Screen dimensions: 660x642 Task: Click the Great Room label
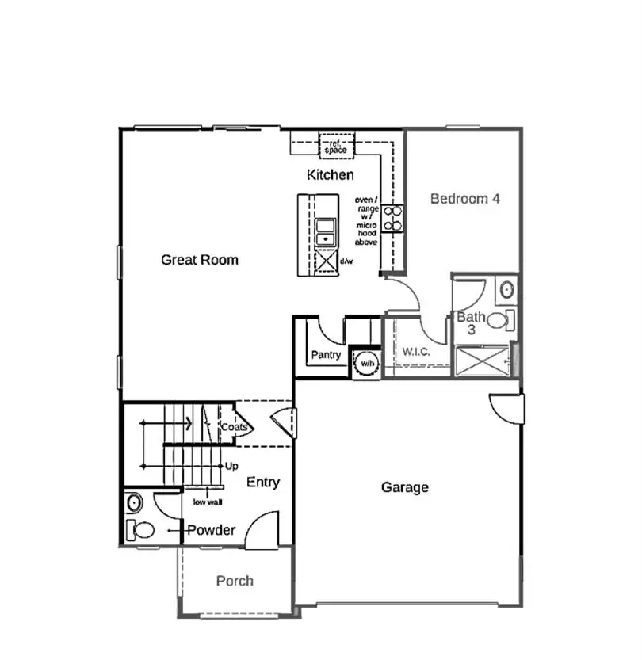[200, 260]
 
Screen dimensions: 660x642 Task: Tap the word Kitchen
[331, 175]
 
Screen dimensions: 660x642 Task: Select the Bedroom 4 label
[465, 199]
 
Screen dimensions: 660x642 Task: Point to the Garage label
[405, 487]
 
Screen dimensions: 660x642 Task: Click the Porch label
[235, 581]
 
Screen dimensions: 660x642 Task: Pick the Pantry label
[326, 355]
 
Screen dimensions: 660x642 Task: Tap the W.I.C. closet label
[415, 352]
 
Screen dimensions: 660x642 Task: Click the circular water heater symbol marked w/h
[366, 362]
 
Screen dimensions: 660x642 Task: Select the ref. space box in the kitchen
[336, 146]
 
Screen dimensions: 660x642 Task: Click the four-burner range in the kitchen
[392, 218]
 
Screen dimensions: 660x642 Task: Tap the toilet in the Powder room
[142, 529]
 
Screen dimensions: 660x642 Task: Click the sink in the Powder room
[134, 502]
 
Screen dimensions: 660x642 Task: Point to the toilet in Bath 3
[499, 320]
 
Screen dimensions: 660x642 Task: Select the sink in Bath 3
[506, 289]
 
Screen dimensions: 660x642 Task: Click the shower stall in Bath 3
[482, 361]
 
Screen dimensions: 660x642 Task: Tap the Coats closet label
[235, 428]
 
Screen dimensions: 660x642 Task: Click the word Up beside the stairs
[231, 466]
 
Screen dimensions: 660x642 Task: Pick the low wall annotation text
[206, 501]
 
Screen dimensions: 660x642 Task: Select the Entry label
[262, 483]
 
